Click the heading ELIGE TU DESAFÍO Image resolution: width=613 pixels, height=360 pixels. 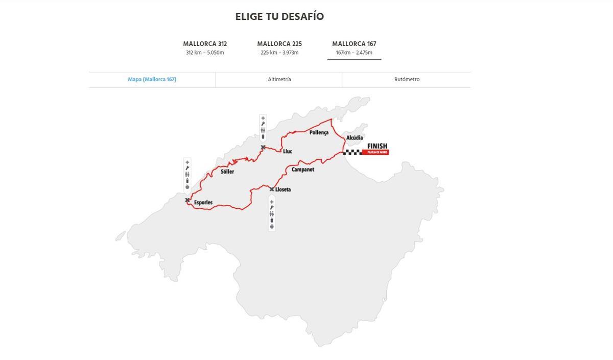279,16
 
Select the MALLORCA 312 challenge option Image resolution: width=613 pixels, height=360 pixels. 205,47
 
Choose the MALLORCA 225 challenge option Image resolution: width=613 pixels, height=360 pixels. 279,47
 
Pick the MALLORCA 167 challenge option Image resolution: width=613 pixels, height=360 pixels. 354,47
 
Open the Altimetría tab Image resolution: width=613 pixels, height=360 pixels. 279,80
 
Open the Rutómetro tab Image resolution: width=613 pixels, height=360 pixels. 407,80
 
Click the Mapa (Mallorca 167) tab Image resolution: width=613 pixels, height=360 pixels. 152,80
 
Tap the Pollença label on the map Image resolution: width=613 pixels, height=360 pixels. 319,133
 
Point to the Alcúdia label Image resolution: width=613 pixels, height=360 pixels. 355,138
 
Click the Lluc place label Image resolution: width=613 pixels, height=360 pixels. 287,151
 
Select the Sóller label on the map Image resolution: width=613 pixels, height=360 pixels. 227,172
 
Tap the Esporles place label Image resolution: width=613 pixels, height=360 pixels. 203,203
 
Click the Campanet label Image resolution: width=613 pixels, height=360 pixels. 303,170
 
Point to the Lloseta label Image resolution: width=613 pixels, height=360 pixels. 283,189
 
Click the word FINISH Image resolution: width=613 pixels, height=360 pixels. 377,146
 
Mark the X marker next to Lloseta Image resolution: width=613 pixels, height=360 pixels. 271,189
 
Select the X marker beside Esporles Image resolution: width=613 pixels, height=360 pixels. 187,200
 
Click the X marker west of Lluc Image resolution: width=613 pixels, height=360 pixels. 263,148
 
